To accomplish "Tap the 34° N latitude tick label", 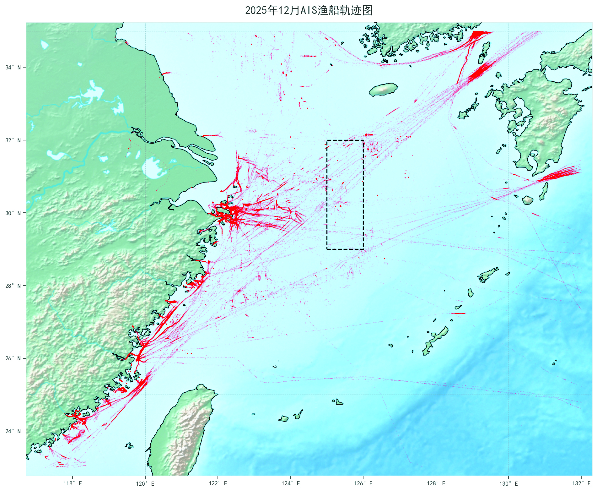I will (x=13, y=68).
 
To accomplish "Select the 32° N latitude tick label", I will (x=13, y=140).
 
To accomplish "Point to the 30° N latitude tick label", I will (x=13, y=213).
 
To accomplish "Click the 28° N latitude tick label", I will (x=13, y=286).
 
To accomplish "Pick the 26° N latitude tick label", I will (x=13, y=358).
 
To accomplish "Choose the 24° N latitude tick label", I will (x=13, y=431).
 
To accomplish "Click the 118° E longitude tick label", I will (x=73, y=483).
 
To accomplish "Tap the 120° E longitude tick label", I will (x=145, y=483).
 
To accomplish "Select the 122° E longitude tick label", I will (x=218, y=483).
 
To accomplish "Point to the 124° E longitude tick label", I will (x=291, y=483).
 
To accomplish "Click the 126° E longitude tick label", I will (x=363, y=483).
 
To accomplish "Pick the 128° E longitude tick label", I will (x=436, y=483).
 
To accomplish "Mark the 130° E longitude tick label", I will (x=508, y=483).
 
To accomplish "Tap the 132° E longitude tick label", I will (x=581, y=483).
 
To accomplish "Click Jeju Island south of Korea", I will (x=383, y=90).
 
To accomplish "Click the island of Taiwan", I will (x=182, y=430).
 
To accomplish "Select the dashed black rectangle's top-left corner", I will (x=327, y=140).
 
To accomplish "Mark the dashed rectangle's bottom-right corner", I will (x=363, y=249).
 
